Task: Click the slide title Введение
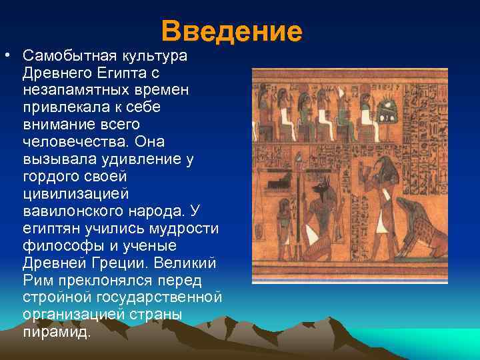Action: [231, 31]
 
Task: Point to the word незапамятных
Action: [73, 90]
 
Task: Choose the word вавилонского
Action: [72, 211]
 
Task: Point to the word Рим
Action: [35, 281]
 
